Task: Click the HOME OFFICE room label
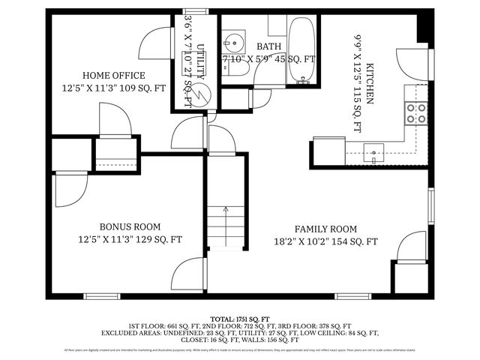tap(114, 75)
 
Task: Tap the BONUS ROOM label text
tap(130, 226)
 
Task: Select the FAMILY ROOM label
tap(325, 229)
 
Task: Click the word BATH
tap(268, 46)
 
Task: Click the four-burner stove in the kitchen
tap(416, 112)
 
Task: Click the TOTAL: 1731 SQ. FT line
tap(240, 318)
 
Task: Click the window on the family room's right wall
tap(430, 205)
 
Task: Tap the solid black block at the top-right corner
tap(424, 25)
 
